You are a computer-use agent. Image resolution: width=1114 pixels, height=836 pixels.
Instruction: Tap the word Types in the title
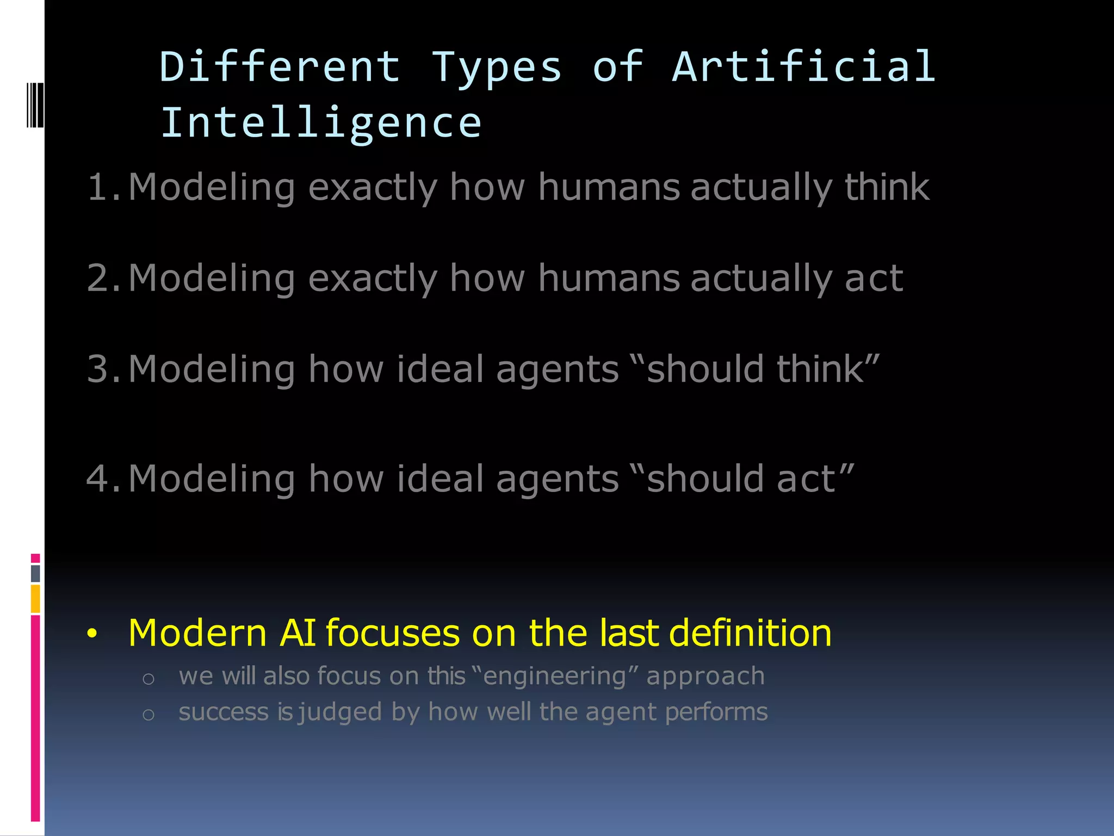(496, 67)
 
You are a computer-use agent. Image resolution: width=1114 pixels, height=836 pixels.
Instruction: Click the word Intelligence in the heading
(321, 123)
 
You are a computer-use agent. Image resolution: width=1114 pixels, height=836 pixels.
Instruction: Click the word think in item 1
(887, 187)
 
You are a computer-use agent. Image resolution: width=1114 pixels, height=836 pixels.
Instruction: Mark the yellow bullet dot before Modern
(92, 634)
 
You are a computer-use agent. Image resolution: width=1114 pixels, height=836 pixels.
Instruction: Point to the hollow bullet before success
(148, 714)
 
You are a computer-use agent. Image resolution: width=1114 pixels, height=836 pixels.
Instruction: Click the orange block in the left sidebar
(35, 599)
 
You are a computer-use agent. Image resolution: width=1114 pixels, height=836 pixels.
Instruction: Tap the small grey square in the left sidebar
(35, 573)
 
